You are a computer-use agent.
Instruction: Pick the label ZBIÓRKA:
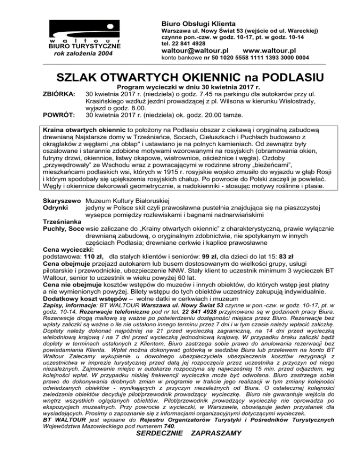[x=58, y=94]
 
